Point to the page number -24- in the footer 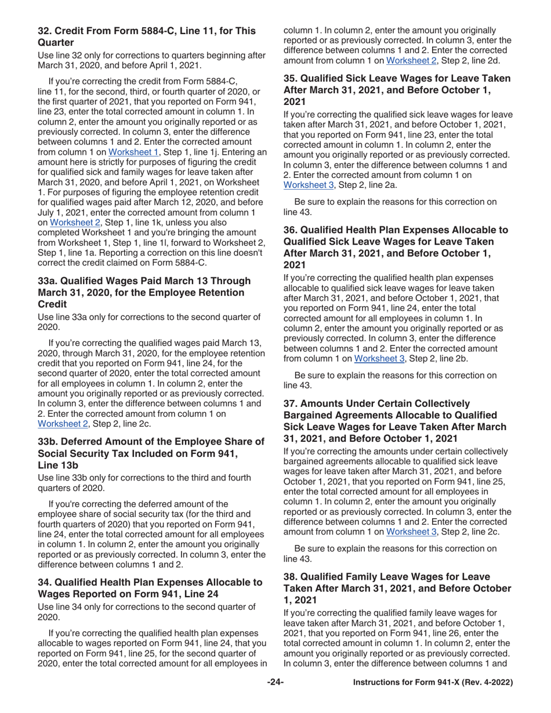[275, 699]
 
